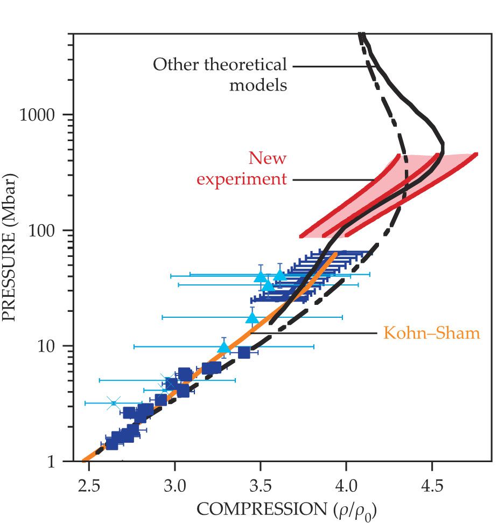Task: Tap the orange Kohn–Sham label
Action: pos(431,333)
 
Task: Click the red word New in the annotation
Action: pos(267,158)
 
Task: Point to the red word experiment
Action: pos(241,179)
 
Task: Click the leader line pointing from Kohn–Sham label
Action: pos(312,333)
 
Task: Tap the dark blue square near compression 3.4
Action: pos(244,352)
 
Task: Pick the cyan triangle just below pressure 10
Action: pos(225,347)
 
